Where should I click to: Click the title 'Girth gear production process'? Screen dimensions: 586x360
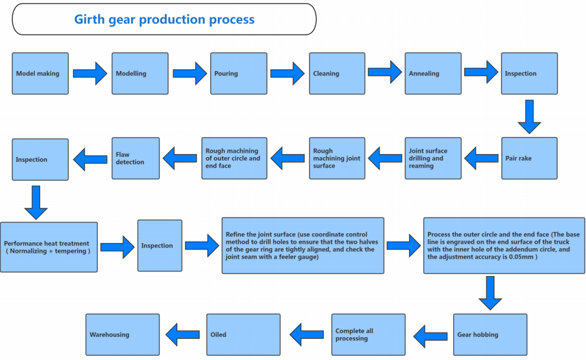click(164, 19)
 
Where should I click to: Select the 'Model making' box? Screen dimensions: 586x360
click(41, 73)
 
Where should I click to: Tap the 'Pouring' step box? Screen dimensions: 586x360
click(239, 73)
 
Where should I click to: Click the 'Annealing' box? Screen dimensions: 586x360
click(433, 73)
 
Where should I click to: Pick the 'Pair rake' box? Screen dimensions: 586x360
click(529, 158)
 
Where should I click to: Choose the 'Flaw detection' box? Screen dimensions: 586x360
click(136, 158)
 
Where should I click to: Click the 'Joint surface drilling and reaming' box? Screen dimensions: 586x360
click(433, 158)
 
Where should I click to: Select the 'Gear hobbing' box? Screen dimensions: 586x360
click(490, 334)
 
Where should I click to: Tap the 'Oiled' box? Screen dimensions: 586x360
click(244, 334)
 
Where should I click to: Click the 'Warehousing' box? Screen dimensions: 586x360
click(122, 334)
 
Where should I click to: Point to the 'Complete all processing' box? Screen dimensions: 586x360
click(369, 334)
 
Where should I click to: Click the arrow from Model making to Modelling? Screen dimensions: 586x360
click(90, 73)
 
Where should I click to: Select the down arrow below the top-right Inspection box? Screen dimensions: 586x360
click(529, 117)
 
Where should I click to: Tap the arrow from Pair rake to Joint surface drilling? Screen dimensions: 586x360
click(481, 158)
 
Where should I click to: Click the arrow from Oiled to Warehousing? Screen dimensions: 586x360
click(183, 334)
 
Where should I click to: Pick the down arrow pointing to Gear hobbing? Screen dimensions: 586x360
click(490, 293)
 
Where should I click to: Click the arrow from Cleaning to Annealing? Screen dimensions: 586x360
click(385, 72)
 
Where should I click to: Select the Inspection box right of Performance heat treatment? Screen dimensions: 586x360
click(160, 245)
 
